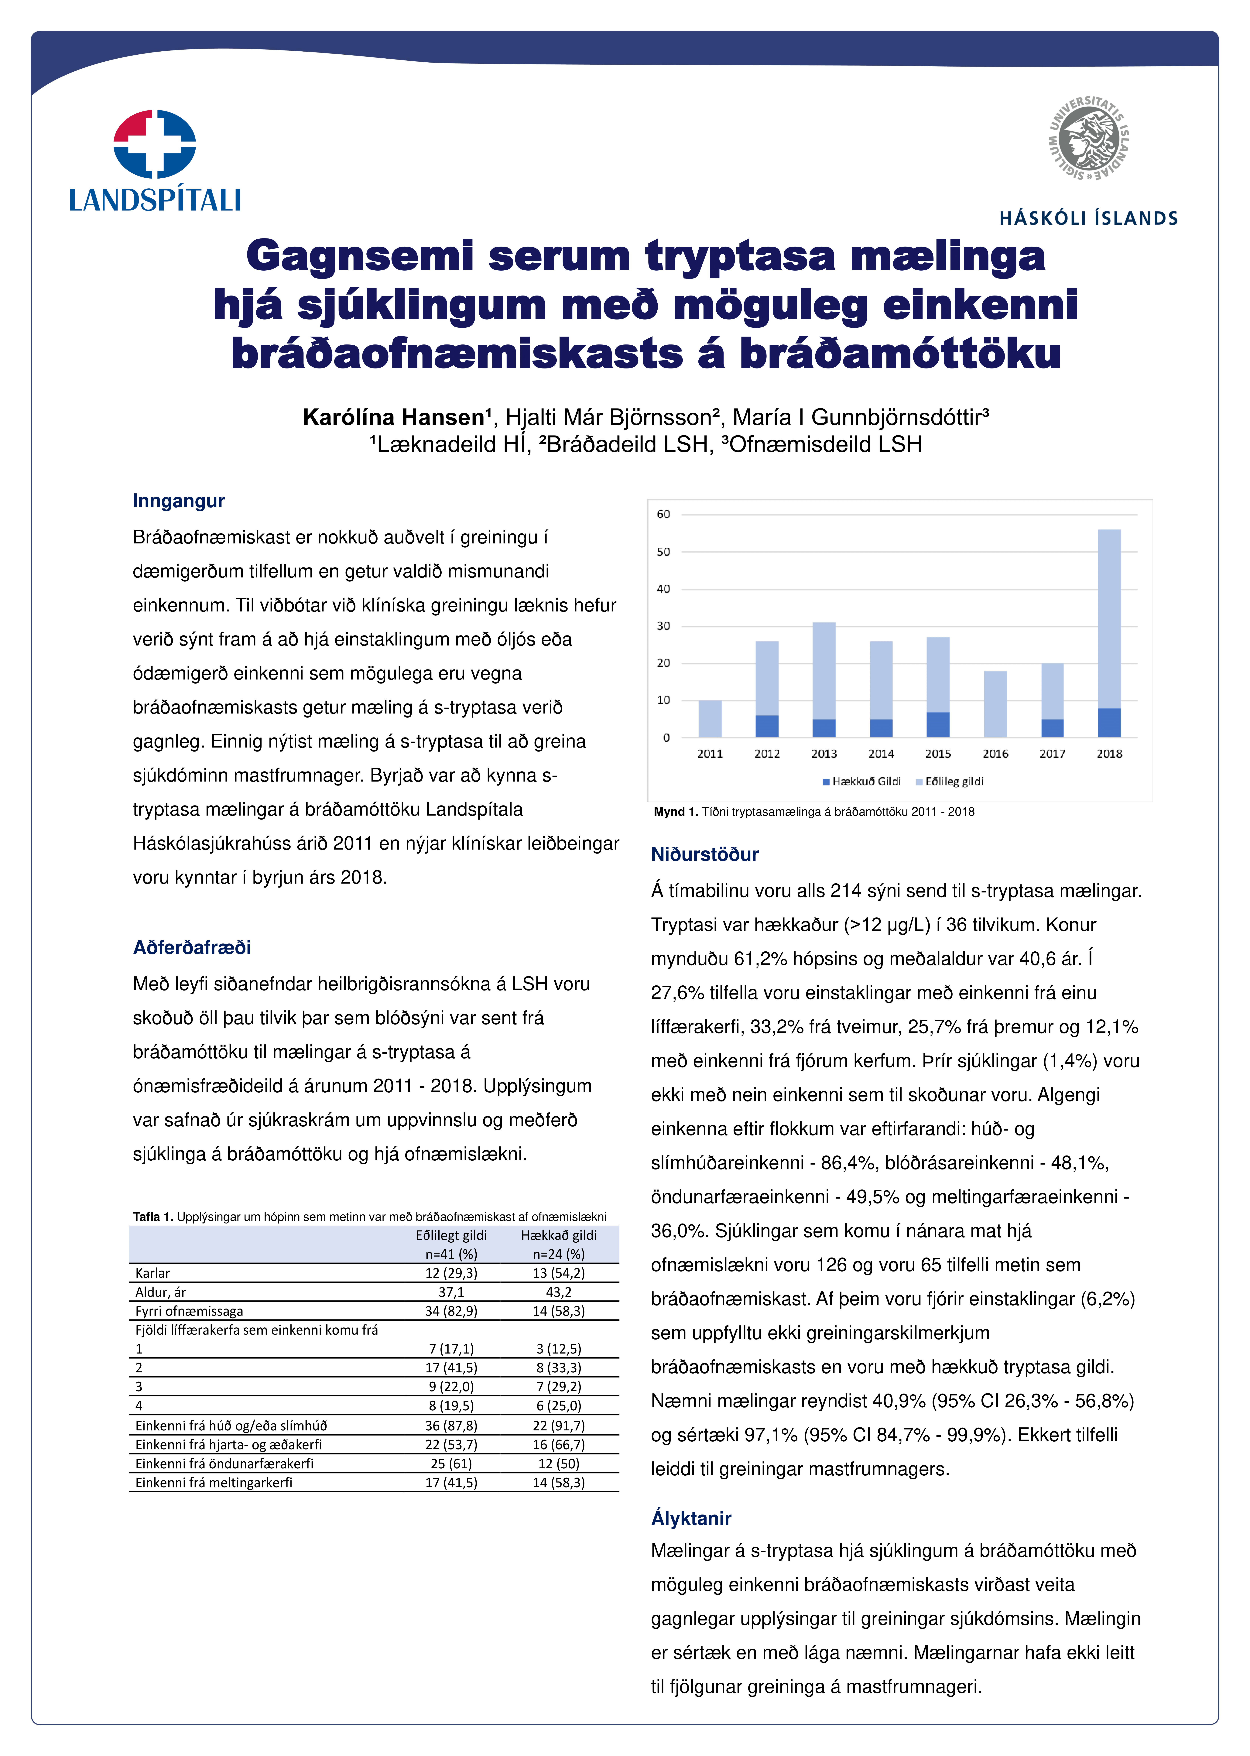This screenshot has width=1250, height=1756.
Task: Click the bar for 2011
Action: [x=710, y=719]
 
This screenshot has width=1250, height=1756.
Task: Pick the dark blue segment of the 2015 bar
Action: [x=937, y=725]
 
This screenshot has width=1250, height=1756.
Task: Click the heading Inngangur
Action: [x=179, y=501]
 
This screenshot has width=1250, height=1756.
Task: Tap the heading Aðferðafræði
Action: [x=192, y=947]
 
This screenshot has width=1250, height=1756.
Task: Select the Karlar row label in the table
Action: [x=152, y=1274]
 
